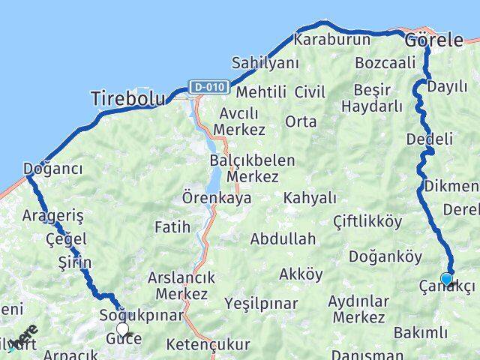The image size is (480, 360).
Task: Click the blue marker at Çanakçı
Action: click(x=447, y=280)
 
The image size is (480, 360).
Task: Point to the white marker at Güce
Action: click(x=122, y=328)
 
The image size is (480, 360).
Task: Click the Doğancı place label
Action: click(x=52, y=169)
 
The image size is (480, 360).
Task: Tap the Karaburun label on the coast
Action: click(x=332, y=39)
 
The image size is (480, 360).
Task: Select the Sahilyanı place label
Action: click(x=265, y=63)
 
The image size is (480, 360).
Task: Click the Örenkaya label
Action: click(x=217, y=199)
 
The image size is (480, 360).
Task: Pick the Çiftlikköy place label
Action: click(x=367, y=221)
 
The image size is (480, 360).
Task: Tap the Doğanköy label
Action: click(x=385, y=256)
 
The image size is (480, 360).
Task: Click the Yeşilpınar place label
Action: click(x=261, y=304)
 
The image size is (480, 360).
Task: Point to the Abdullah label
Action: click(x=283, y=240)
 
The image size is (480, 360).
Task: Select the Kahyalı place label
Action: click(x=310, y=198)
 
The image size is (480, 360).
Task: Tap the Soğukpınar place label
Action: click(x=142, y=316)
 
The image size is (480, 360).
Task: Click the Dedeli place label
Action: click(x=429, y=139)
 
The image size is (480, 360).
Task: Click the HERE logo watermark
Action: click(x=24, y=337)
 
